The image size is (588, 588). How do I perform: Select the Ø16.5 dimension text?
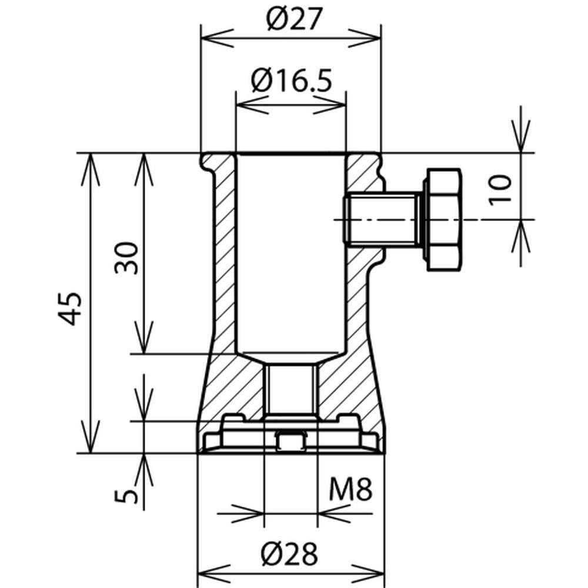pyautogui.click(x=290, y=81)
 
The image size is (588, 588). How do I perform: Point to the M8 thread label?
pyautogui.click(x=350, y=490)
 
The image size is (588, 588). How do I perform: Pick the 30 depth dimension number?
pyautogui.click(x=127, y=258)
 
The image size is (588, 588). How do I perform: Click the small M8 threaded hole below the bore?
pyautogui.click(x=291, y=388)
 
